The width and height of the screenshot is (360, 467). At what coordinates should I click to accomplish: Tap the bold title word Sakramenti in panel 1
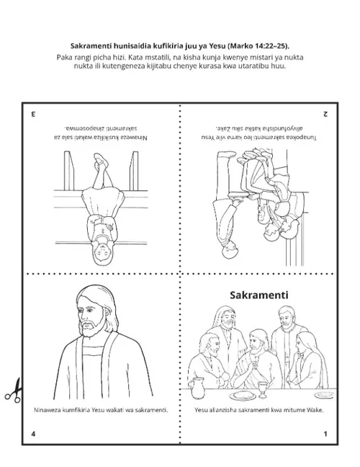click(x=259, y=295)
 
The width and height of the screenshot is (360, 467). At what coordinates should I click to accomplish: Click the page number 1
click(x=325, y=434)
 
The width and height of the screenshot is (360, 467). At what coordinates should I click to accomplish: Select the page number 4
click(x=33, y=434)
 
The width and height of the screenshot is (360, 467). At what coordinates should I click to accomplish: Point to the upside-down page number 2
click(x=325, y=114)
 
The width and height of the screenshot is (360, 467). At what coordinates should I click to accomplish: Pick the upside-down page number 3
click(x=33, y=114)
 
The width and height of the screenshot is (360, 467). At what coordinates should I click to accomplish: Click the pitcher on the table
click(x=197, y=388)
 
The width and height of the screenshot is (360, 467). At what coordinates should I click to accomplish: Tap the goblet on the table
click(x=263, y=390)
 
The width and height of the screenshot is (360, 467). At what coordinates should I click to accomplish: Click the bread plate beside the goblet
click(x=245, y=395)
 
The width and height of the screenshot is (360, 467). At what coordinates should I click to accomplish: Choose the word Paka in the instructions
click(x=63, y=57)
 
